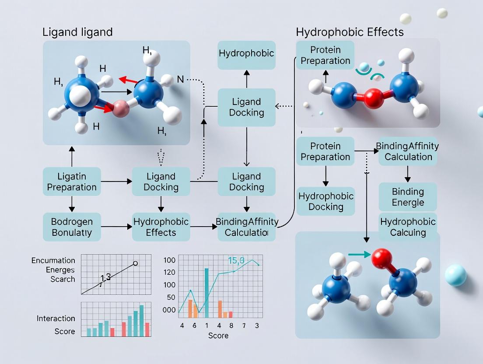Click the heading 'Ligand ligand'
tap(77, 32)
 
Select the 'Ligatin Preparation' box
tap(72, 182)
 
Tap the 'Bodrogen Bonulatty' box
tap(72, 227)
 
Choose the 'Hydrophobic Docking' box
tap(325, 201)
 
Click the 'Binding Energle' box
tap(408, 197)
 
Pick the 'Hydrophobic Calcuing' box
tap(408, 227)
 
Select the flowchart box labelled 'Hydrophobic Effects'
tap(161, 227)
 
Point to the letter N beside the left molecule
tap(180, 80)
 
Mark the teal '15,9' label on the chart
tap(236, 261)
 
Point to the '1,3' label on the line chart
tap(105, 277)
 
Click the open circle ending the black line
tap(135, 263)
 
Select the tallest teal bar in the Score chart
tap(206, 292)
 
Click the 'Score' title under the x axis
tap(218, 336)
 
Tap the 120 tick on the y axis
tap(169, 273)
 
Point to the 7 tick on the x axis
tap(244, 325)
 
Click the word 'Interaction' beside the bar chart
tap(56, 318)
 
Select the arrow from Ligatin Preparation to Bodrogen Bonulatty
tap(72, 204)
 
